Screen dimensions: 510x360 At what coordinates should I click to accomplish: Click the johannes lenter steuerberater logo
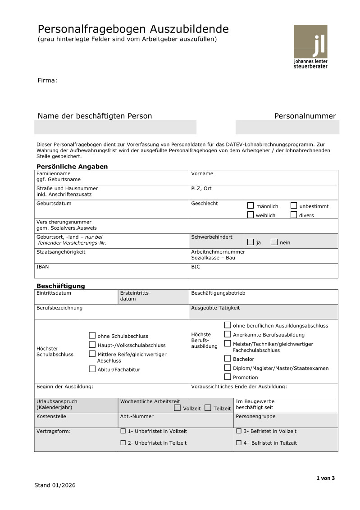pyautogui.click(x=310, y=46)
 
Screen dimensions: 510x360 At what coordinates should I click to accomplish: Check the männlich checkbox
pyautogui.click(x=251, y=205)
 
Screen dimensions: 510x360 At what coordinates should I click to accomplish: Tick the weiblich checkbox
pyautogui.click(x=251, y=215)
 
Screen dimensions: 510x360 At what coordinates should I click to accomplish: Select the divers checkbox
pyautogui.click(x=294, y=215)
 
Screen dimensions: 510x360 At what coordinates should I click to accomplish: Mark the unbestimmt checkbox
pyautogui.click(x=294, y=205)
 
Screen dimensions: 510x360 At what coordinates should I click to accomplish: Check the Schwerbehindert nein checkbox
pyautogui.click(x=274, y=242)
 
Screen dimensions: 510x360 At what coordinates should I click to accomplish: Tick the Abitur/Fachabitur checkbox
pyautogui.click(x=92, y=369)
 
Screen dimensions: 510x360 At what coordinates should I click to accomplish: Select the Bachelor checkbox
pyautogui.click(x=228, y=359)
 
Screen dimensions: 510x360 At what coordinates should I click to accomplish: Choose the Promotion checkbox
pyautogui.click(x=228, y=377)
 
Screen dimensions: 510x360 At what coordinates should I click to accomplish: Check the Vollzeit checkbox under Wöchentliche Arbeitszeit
pyautogui.click(x=177, y=408)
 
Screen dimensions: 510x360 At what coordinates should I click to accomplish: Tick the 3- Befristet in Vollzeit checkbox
pyautogui.click(x=238, y=431)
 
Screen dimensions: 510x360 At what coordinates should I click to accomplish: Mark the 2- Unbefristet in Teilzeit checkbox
pyautogui.click(x=123, y=443)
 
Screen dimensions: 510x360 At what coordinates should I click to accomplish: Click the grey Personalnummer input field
pyautogui.click(x=287, y=127)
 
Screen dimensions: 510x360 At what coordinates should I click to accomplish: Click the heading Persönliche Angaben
pyautogui.click(x=72, y=167)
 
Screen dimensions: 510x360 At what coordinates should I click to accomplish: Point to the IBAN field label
pyautogui.click(x=43, y=267)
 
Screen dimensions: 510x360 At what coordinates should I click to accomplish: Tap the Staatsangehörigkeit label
pyautogui.click(x=61, y=252)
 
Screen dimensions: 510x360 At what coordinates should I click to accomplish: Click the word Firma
pyautogui.click(x=47, y=81)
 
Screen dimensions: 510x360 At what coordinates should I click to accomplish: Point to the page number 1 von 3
pyautogui.click(x=325, y=478)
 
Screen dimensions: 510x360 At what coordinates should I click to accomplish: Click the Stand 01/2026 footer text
pyautogui.click(x=55, y=485)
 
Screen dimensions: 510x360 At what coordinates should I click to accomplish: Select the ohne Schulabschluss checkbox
pyautogui.click(x=92, y=335)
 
